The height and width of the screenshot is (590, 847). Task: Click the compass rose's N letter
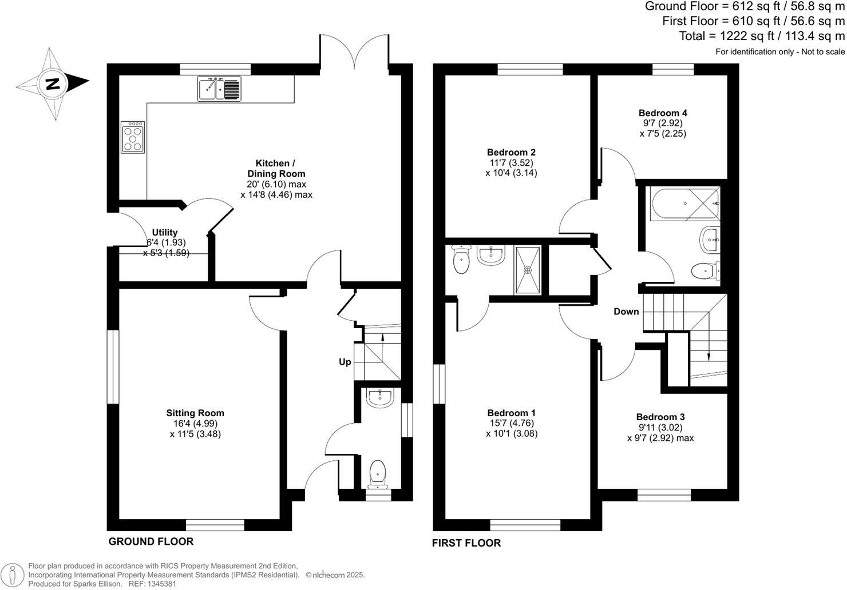click(53, 84)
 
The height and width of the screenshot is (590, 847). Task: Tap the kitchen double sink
click(220, 89)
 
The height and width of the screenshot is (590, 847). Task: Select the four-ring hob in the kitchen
click(133, 137)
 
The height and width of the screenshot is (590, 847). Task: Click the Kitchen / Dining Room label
click(276, 169)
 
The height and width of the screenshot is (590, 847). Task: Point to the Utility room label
click(164, 233)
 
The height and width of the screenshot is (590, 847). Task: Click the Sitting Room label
click(195, 413)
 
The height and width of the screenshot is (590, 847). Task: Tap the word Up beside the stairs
click(345, 362)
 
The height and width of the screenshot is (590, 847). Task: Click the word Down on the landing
click(626, 312)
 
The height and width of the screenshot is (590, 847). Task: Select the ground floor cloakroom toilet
click(378, 475)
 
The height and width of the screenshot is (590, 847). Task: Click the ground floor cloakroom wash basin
click(378, 398)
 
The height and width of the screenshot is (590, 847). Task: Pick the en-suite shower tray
click(528, 270)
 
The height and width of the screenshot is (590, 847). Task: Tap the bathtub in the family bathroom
click(684, 204)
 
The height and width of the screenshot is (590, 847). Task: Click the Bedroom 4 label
click(663, 113)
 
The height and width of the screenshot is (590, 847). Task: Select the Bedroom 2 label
click(511, 152)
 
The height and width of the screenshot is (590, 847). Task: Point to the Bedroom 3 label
click(660, 417)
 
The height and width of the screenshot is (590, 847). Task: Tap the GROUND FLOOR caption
click(151, 541)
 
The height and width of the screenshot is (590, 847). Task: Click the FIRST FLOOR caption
click(466, 543)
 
